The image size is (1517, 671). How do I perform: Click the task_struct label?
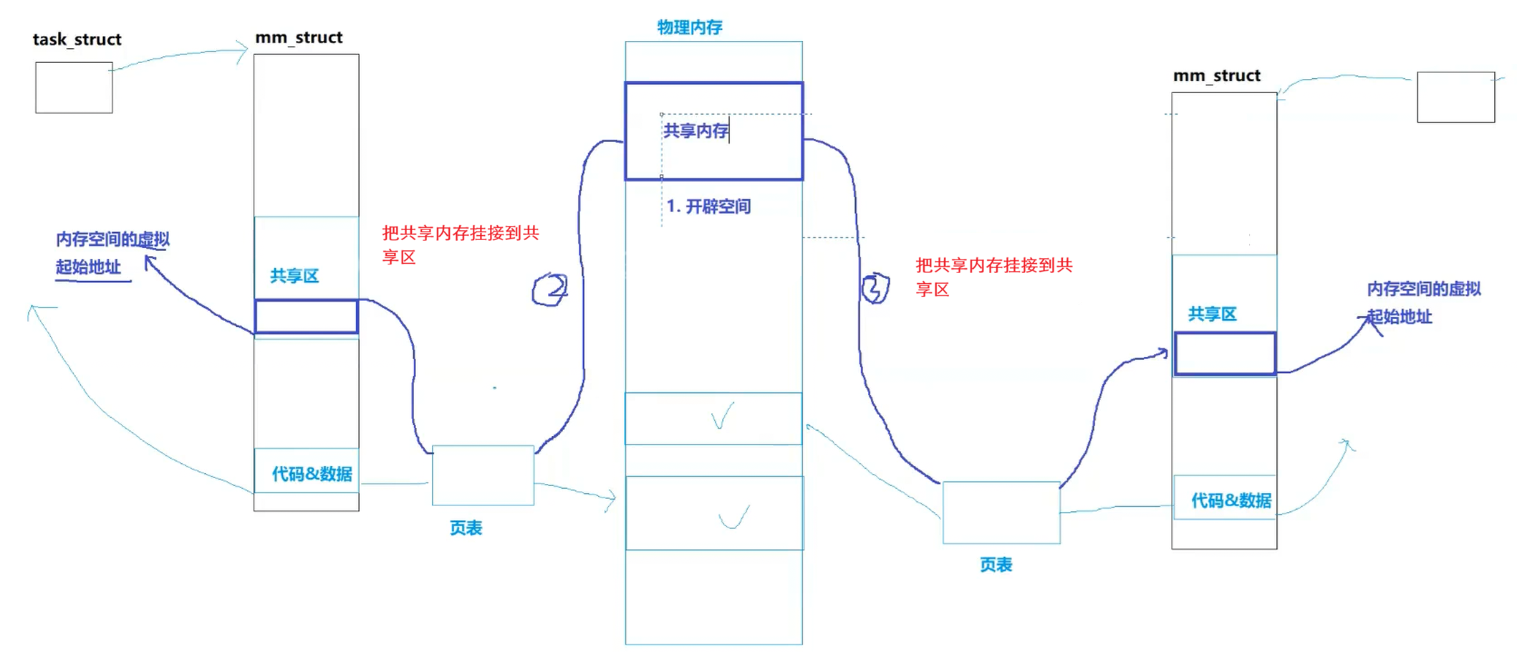click(77, 39)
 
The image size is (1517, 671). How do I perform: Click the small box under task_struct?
click(74, 87)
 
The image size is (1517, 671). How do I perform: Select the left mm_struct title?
click(299, 37)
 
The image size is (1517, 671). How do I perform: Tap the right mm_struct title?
click(1216, 75)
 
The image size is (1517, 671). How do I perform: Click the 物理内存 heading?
click(690, 27)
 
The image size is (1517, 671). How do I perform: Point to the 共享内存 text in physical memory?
click(695, 130)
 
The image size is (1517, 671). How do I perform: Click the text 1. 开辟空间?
click(708, 206)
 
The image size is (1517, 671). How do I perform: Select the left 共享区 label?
click(294, 276)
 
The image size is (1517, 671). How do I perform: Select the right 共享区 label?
click(1212, 314)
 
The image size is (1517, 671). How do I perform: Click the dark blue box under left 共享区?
click(306, 316)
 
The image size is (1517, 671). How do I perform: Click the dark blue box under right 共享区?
click(1225, 353)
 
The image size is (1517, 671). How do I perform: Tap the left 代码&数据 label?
click(312, 474)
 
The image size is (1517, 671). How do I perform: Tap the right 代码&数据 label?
click(1231, 500)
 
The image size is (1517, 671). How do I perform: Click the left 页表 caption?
click(466, 528)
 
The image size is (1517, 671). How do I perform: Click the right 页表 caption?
click(996, 565)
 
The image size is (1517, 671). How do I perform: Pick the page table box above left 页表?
click(483, 475)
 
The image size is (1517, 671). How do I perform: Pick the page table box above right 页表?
click(1001, 513)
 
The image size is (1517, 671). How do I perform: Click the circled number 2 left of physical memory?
click(550, 289)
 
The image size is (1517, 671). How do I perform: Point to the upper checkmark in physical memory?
click(722, 416)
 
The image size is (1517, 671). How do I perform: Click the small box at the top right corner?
click(1455, 97)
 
